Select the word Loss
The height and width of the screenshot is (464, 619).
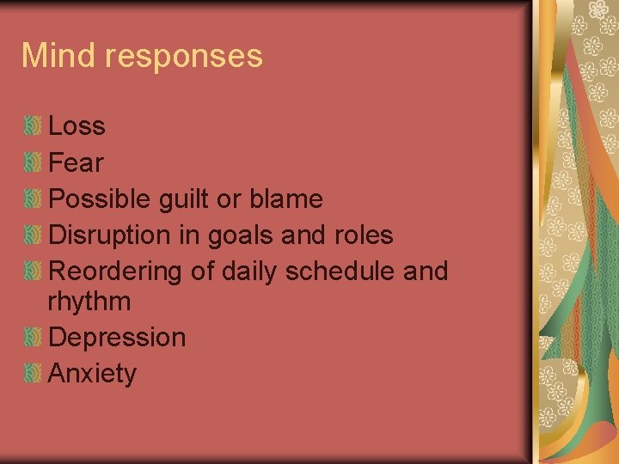click(77, 126)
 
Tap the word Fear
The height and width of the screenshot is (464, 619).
click(77, 162)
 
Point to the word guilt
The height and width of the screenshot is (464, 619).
click(184, 199)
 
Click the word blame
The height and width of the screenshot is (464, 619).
click(285, 199)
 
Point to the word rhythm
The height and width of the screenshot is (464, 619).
click(90, 302)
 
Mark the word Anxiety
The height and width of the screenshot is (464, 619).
click(93, 375)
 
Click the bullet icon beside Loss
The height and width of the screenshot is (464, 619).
click(33, 126)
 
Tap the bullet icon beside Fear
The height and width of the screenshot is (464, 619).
click(33, 162)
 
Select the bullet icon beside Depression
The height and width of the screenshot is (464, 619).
click(33, 338)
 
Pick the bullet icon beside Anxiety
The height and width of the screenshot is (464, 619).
click(33, 374)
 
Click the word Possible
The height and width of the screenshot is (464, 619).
click(101, 199)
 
